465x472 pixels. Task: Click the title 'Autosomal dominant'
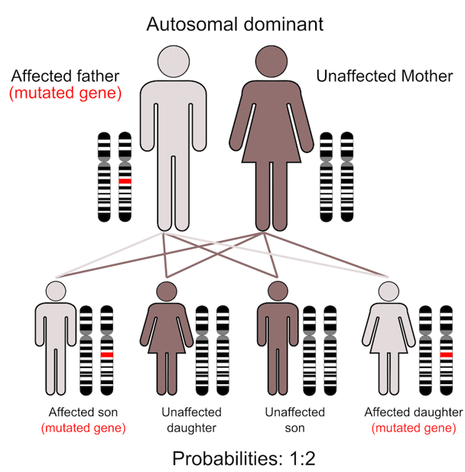(x=235, y=23)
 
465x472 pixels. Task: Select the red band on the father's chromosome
(x=125, y=180)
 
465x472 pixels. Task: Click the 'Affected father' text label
(x=65, y=76)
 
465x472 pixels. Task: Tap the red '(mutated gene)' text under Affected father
(x=65, y=94)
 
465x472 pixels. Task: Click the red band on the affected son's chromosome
(x=107, y=355)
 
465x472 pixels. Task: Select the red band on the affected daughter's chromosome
(x=447, y=355)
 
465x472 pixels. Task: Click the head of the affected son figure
(x=57, y=291)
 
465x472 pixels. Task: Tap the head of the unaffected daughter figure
(x=166, y=291)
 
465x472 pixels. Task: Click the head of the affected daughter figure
(x=388, y=291)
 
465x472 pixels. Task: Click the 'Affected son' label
(x=83, y=412)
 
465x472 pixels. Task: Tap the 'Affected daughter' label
(x=413, y=412)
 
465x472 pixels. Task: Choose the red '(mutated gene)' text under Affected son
(x=83, y=428)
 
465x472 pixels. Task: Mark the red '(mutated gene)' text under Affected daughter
(x=413, y=428)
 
